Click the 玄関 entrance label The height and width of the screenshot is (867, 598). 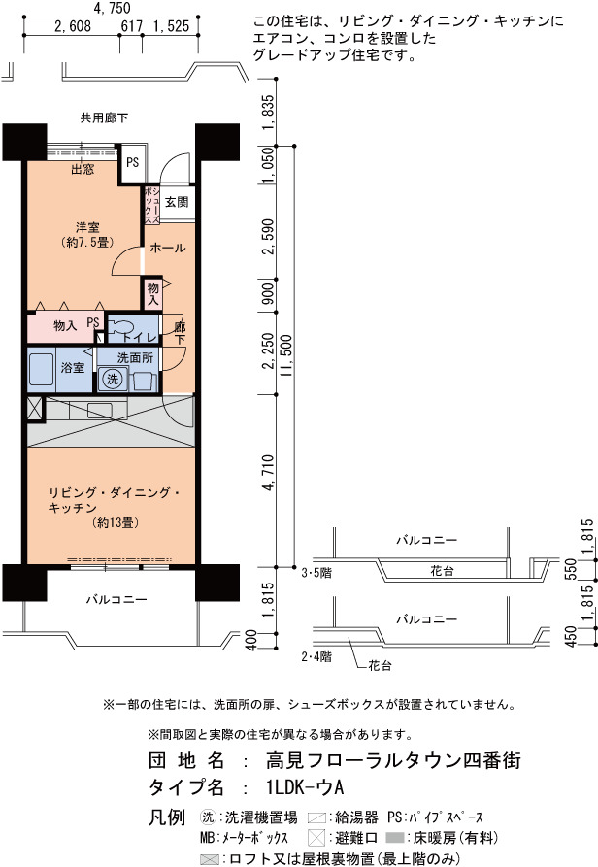coord(177,202)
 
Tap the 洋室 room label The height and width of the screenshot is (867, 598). coord(87,227)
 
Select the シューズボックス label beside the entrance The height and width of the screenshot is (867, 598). coord(152,205)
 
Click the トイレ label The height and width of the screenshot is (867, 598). coord(140,337)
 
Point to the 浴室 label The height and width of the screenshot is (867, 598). coord(73,367)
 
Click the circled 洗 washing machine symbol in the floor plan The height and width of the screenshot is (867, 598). coord(113,379)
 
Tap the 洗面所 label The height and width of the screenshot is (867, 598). coord(135,357)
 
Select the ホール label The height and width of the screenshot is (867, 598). coord(168,248)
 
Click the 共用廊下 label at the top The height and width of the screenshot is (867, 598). coord(104,117)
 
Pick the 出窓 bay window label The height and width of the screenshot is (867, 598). coord(83,169)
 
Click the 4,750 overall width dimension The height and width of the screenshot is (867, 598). coord(113,8)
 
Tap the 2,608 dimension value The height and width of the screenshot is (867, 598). coord(73,26)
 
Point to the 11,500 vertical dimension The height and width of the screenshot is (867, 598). coord(286,356)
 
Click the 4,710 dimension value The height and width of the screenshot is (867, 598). coord(268,472)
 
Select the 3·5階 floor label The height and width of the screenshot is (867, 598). coord(316,574)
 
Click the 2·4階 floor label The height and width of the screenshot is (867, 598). coord(316,657)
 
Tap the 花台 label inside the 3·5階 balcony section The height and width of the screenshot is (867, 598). coord(442,571)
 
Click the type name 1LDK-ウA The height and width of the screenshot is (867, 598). coord(305,786)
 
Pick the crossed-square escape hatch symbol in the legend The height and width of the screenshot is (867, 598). coord(316,837)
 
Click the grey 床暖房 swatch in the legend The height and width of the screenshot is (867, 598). coord(395,838)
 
